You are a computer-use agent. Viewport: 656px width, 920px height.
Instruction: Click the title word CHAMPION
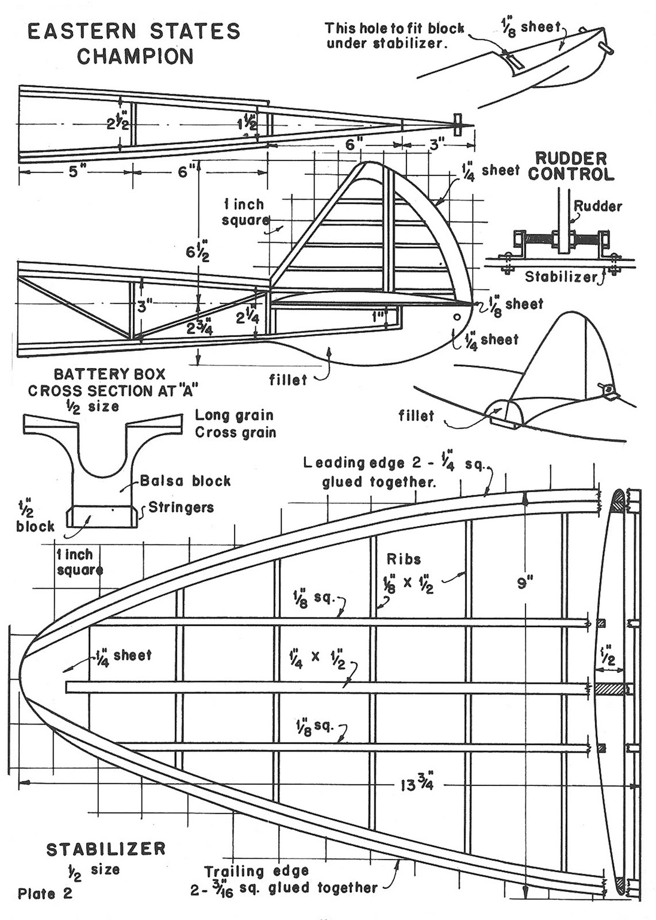coord(135,56)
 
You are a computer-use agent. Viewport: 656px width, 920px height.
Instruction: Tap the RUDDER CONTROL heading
coord(571,166)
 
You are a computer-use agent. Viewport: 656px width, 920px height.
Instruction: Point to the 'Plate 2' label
coord(45,894)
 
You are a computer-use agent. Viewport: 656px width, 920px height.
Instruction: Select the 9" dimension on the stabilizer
coord(525,583)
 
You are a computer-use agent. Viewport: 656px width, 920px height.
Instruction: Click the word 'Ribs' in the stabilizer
coord(404,559)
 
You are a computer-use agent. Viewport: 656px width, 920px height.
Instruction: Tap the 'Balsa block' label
coord(185,481)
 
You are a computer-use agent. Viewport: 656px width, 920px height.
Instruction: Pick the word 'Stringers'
coord(181,507)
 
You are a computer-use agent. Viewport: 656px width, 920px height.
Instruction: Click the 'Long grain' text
coord(234,415)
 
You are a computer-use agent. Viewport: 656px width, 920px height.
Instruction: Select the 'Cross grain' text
coord(235,432)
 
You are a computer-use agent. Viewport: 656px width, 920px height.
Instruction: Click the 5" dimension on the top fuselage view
coord(74,172)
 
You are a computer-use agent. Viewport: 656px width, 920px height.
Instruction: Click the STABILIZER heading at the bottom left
coord(106,849)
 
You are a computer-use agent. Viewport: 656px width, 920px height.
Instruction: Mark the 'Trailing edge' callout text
coord(256,871)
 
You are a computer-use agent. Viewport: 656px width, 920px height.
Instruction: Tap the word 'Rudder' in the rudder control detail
coord(598,206)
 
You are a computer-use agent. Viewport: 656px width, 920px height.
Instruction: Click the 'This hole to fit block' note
coord(394,28)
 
